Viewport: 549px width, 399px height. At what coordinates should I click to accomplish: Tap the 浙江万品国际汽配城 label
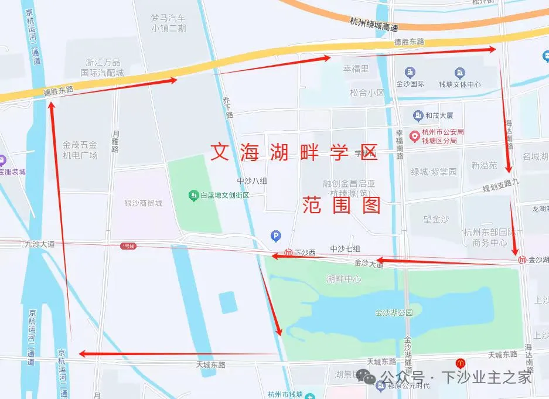point(103,67)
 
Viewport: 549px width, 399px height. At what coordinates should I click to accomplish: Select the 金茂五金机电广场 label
point(80,149)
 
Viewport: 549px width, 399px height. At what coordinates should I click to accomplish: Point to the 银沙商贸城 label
point(143,203)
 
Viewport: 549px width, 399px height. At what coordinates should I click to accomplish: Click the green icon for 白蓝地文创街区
point(193,195)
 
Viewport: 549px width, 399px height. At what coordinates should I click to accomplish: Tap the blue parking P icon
point(275,236)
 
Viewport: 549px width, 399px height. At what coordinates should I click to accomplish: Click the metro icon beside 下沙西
point(288,253)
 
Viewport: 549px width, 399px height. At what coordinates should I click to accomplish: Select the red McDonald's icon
point(461,363)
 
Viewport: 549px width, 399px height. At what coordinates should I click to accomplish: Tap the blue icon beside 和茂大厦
point(418,115)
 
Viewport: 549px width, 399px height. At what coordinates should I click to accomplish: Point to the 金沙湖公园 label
point(395,313)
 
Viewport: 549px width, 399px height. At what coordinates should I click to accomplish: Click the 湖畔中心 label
point(344,279)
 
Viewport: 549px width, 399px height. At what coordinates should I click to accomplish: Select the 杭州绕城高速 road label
point(374,24)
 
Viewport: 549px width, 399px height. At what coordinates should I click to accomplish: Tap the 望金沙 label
point(436,219)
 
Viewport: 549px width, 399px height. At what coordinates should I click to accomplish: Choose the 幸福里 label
point(356,69)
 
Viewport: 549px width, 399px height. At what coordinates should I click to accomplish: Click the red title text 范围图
point(342,205)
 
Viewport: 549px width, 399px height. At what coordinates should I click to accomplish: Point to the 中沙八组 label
point(252,181)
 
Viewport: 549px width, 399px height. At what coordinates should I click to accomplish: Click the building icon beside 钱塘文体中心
point(460,73)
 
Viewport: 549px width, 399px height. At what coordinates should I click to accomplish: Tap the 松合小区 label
point(367,93)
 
